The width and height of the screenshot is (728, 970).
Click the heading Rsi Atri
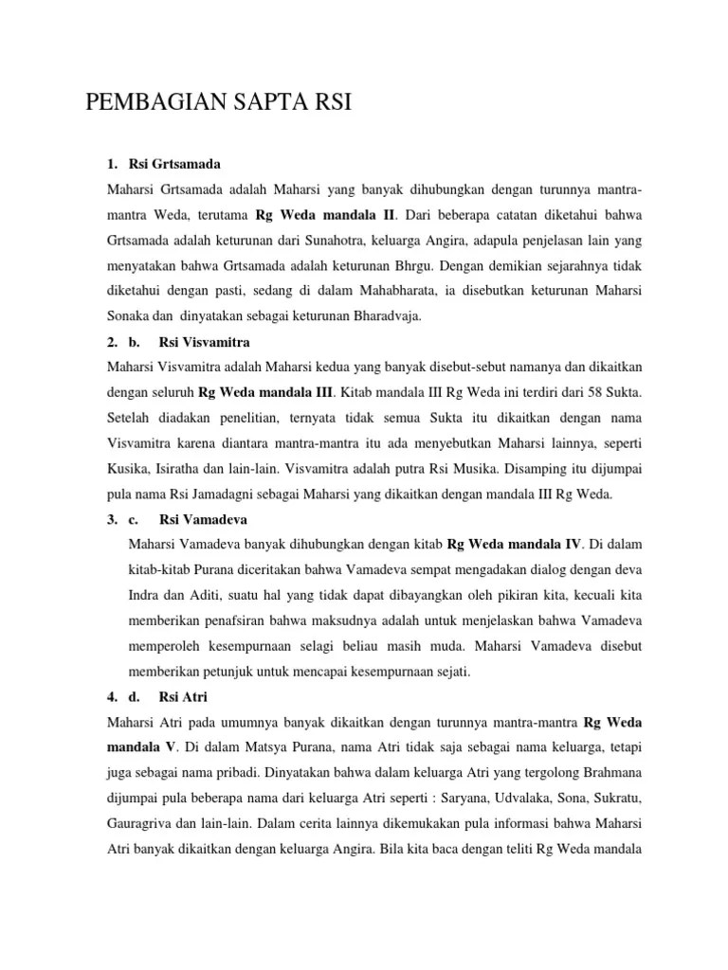[x=184, y=698]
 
